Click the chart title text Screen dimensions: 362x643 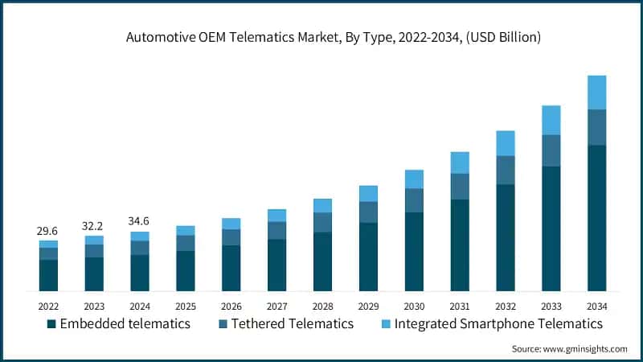(x=321, y=38)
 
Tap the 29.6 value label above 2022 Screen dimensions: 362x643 (x=48, y=231)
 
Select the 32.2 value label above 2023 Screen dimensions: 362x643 (x=94, y=226)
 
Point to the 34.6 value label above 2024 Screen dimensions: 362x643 (x=140, y=221)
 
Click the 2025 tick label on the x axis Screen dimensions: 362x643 (x=186, y=306)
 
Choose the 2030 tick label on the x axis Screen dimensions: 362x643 (x=414, y=306)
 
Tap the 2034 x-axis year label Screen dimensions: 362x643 (x=596, y=306)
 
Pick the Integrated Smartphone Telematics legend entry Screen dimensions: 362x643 (x=491, y=323)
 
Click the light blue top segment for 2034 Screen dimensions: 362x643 (x=596, y=93)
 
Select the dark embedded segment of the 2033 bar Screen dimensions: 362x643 (x=551, y=228)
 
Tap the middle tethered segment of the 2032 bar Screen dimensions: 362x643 (x=505, y=170)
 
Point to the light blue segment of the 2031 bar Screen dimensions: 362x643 (x=459, y=162)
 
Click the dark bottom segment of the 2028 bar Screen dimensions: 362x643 (x=322, y=261)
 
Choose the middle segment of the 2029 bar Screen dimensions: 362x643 (x=368, y=212)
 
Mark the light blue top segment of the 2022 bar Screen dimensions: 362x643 (x=48, y=244)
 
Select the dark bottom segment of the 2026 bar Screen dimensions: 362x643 (x=231, y=268)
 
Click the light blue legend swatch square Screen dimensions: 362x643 (x=385, y=323)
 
